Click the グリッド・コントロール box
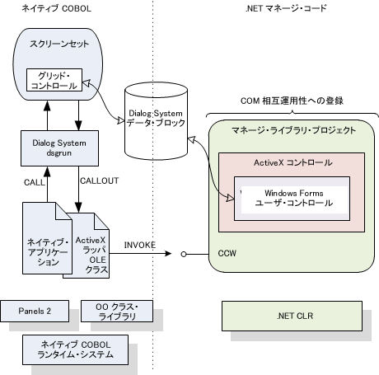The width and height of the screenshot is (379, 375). [54, 80]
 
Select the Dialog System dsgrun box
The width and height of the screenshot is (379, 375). [59, 148]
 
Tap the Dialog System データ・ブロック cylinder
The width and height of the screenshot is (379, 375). [156, 120]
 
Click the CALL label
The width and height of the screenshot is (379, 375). [35, 182]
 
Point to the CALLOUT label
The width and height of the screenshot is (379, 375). [100, 180]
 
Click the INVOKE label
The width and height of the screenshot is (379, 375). [140, 245]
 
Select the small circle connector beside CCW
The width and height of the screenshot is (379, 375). [184, 255]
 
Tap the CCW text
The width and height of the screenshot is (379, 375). [227, 253]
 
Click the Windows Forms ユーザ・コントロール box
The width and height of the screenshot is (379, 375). [292, 199]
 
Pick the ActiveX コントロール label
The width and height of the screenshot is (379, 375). [293, 162]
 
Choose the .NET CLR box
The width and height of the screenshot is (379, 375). [292, 316]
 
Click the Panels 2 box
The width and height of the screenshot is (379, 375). [35, 311]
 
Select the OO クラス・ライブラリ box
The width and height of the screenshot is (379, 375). [117, 311]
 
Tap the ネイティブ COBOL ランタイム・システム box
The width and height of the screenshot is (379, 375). [75, 349]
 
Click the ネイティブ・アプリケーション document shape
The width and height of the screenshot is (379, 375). [47, 238]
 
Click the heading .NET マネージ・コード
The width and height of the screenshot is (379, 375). [286, 8]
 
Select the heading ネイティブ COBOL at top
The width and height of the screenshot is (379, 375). [57, 8]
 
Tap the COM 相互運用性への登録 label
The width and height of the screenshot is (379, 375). [292, 101]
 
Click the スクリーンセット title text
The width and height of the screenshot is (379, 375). [59, 44]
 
